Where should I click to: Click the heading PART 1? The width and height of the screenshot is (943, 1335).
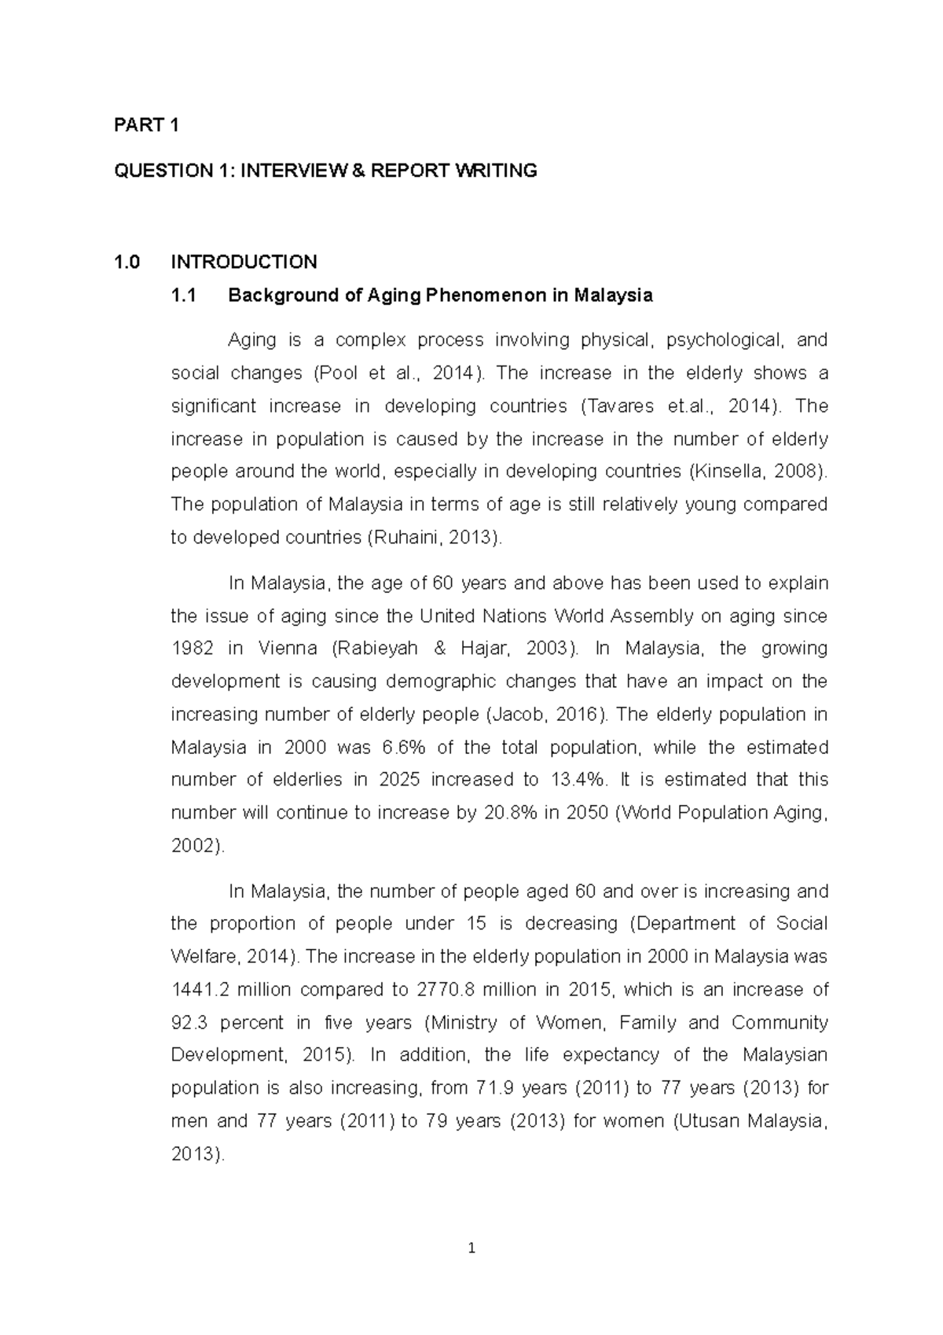pos(147,125)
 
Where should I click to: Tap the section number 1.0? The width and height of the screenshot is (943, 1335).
pos(127,262)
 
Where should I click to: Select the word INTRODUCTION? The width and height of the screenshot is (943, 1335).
pos(244,262)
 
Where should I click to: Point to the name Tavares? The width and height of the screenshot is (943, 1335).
pos(619,406)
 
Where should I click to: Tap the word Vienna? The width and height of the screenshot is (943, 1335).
pos(287,649)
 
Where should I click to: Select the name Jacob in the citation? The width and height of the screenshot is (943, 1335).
pos(516,715)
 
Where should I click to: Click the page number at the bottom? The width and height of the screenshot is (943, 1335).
pos(472,1248)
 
